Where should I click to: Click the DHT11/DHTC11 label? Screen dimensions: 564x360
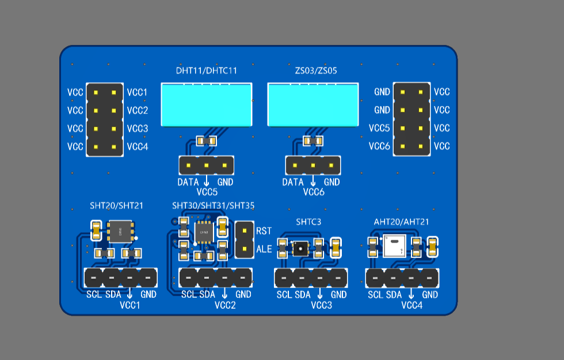(x=207, y=70)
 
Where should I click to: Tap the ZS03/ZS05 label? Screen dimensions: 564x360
(x=316, y=70)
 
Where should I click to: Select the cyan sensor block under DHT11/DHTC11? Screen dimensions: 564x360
(x=207, y=105)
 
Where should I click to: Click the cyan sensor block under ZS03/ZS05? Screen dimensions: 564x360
(x=313, y=105)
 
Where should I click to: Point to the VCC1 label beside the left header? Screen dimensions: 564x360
(x=137, y=93)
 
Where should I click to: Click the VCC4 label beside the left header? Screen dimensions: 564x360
(x=138, y=147)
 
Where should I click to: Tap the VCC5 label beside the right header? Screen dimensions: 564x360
(x=379, y=128)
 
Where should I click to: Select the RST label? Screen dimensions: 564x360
(x=264, y=231)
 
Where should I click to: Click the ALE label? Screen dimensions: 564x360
(x=264, y=249)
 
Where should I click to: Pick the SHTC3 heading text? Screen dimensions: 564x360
(x=308, y=222)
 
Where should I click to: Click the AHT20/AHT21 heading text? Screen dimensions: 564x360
(x=402, y=222)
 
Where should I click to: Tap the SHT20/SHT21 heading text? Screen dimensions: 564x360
(x=116, y=206)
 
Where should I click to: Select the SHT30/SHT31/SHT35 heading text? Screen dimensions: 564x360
(x=214, y=206)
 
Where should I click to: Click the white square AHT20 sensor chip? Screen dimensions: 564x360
(x=395, y=246)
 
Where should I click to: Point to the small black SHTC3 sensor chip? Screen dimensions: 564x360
(x=300, y=248)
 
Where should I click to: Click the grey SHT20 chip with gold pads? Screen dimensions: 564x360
(x=120, y=232)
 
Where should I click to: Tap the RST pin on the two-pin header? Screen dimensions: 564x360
(x=245, y=231)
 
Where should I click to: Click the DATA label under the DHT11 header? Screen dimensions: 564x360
(x=188, y=182)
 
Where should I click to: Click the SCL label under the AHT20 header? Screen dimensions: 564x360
(x=375, y=295)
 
